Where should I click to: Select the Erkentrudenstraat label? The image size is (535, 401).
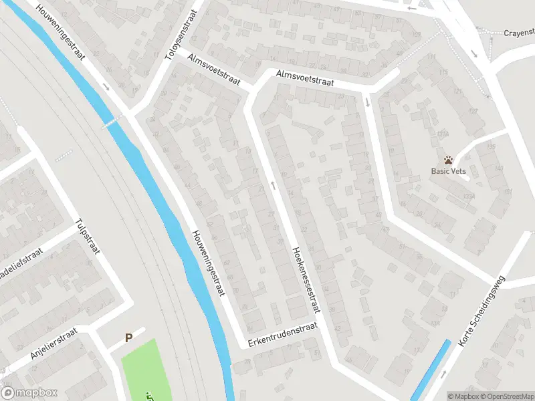[280, 334]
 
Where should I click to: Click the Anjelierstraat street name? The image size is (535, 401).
[54, 346]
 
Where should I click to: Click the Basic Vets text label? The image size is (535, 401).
[447, 171]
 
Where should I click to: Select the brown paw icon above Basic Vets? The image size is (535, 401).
[447, 160]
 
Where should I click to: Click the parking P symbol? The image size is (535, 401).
[128, 338]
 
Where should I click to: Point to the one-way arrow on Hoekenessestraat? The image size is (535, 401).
[274, 184]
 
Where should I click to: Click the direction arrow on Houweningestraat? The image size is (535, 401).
[106, 86]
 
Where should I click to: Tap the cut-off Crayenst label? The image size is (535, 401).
[519, 32]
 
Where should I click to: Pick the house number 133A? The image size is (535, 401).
[469, 196]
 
